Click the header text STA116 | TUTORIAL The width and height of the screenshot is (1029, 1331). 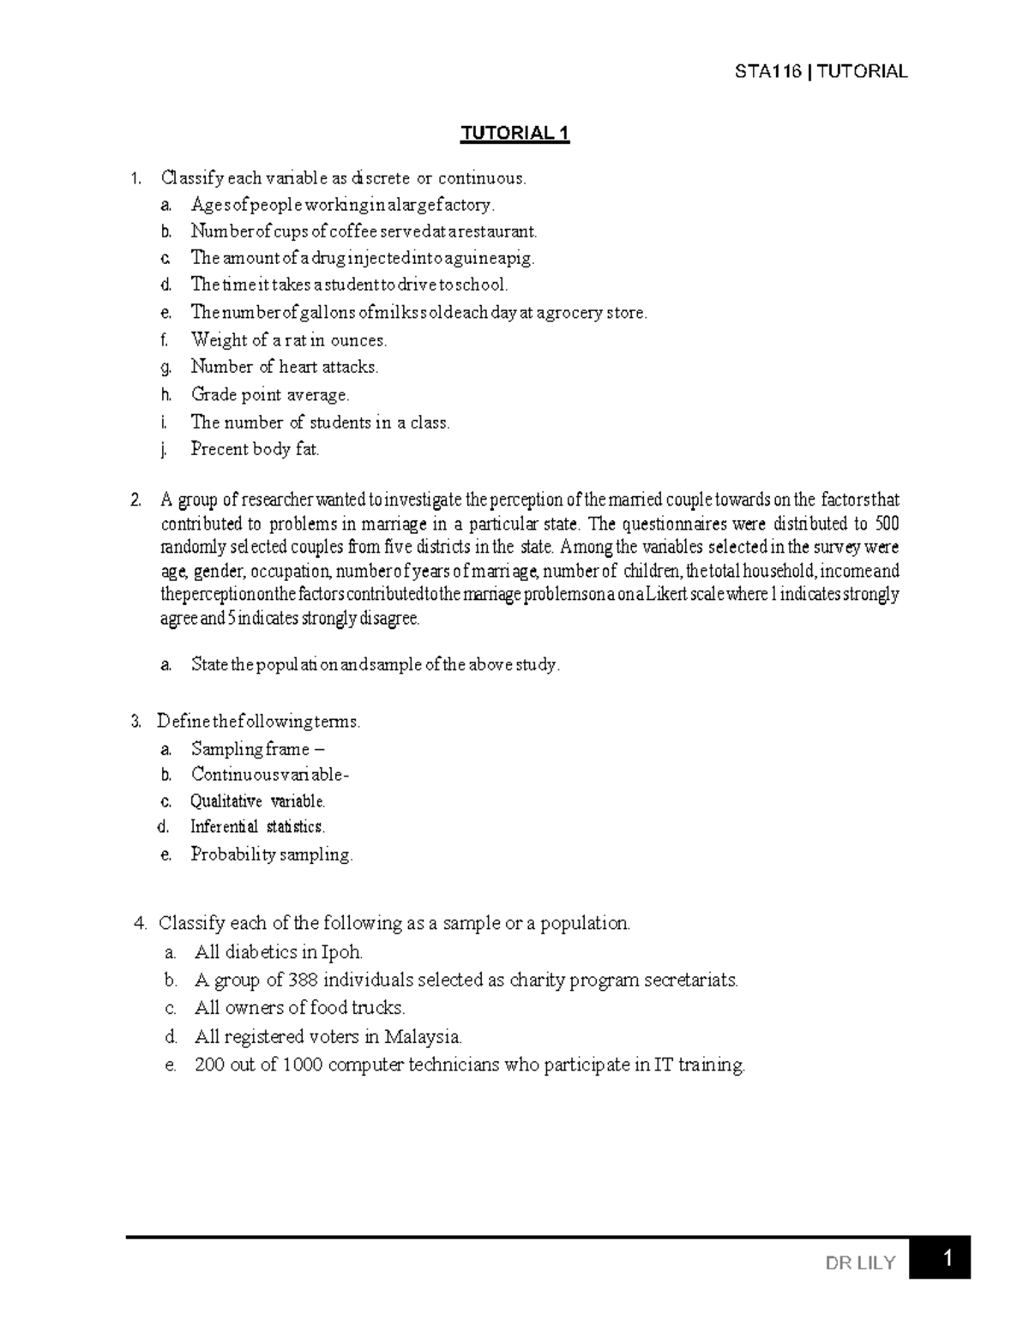pyautogui.click(x=821, y=71)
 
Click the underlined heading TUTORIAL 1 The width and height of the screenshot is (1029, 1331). pyautogui.click(x=514, y=133)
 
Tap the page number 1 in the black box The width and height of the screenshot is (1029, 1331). pyautogui.click(x=947, y=1259)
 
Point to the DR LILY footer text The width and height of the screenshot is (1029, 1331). pyautogui.click(x=860, y=1262)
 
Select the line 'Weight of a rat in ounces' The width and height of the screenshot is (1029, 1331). pyautogui.click(x=289, y=340)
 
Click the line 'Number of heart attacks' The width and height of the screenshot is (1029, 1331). pyautogui.click(x=284, y=367)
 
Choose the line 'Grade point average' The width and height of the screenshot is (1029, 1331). pyautogui.click(x=270, y=395)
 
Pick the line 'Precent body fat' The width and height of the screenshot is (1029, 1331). pyautogui.click(x=255, y=449)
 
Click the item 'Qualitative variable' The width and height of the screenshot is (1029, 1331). pyautogui.click(x=257, y=801)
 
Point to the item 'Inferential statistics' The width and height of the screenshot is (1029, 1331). pyautogui.click(x=257, y=827)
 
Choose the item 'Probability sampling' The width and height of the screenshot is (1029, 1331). pyautogui.click(x=271, y=854)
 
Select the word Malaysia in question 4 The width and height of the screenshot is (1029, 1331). pyautogui.click(x=423, y=1037)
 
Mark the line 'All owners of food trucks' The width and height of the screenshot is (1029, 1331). pyautogui.click(x=299, y=1008)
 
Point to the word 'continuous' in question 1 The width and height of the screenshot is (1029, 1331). pyautogui.click(x=481, y=178)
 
